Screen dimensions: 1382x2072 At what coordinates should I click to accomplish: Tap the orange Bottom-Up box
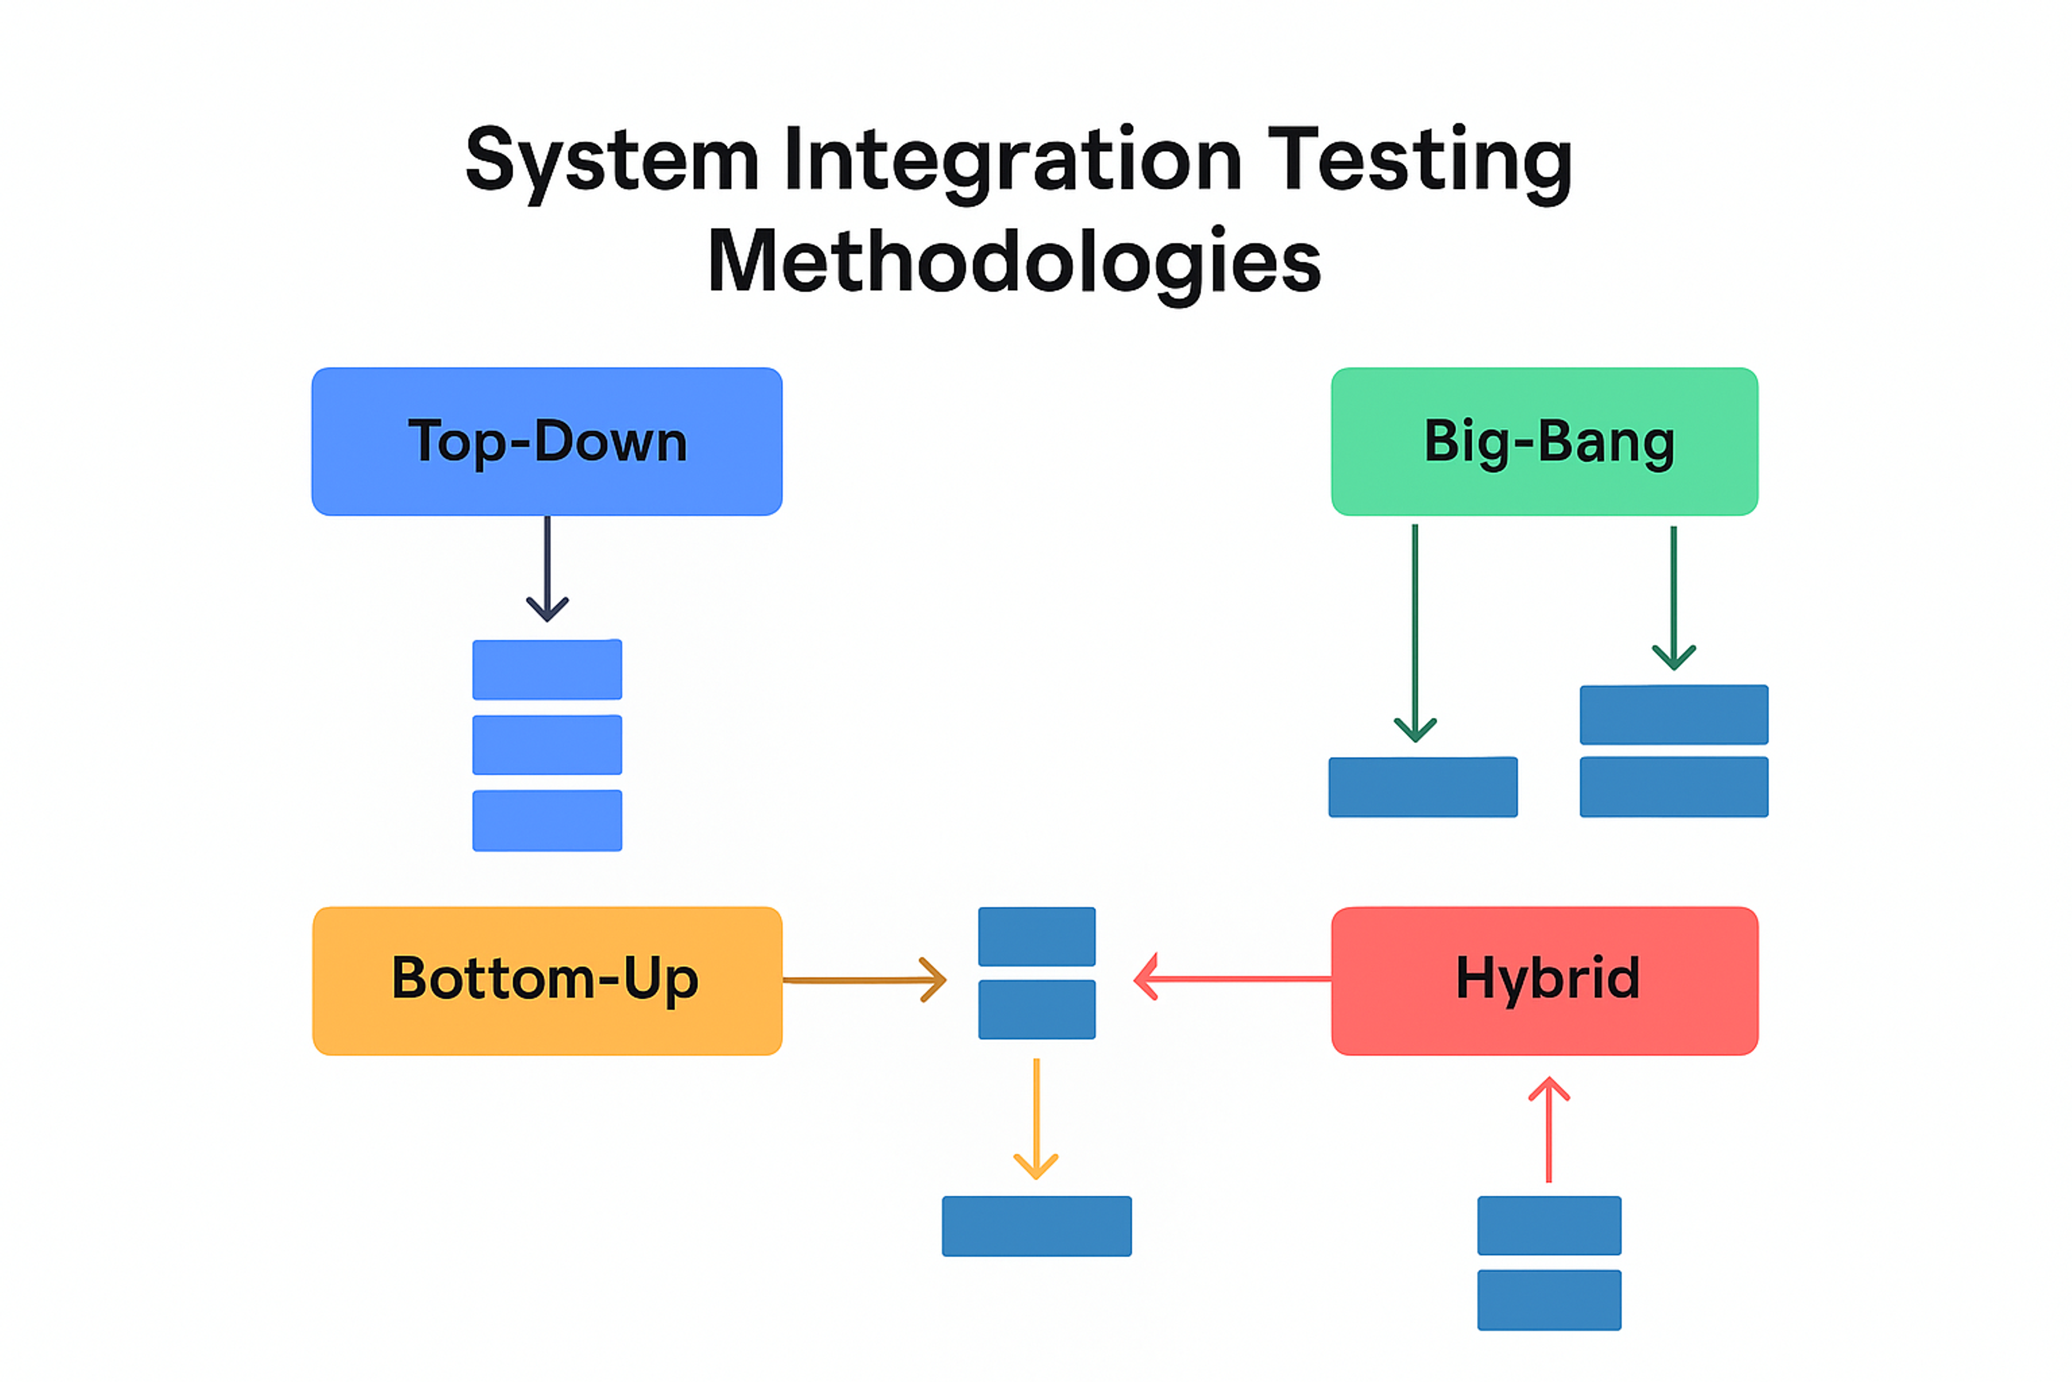click(x=546, y=980)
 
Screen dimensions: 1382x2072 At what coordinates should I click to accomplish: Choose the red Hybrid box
click(x=1544, y=980)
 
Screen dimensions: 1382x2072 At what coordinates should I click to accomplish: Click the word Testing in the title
click(x=1419, y=160)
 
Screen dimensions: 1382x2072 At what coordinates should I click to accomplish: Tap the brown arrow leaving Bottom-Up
click(x=863, y=979)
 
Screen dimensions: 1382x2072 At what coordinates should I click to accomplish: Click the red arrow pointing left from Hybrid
click(x=1233, y=978)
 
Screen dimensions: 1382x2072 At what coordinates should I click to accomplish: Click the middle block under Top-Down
click(x=547, y=745)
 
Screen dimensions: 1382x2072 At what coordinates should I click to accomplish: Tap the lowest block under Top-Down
click(x=547, y=821)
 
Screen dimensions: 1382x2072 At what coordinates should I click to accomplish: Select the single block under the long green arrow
click(x=1423, y=787)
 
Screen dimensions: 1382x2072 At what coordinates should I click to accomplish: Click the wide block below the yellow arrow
click(x=1036, y=1226)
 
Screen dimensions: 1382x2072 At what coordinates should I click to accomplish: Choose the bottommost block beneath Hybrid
click(x=1549, y=1300)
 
